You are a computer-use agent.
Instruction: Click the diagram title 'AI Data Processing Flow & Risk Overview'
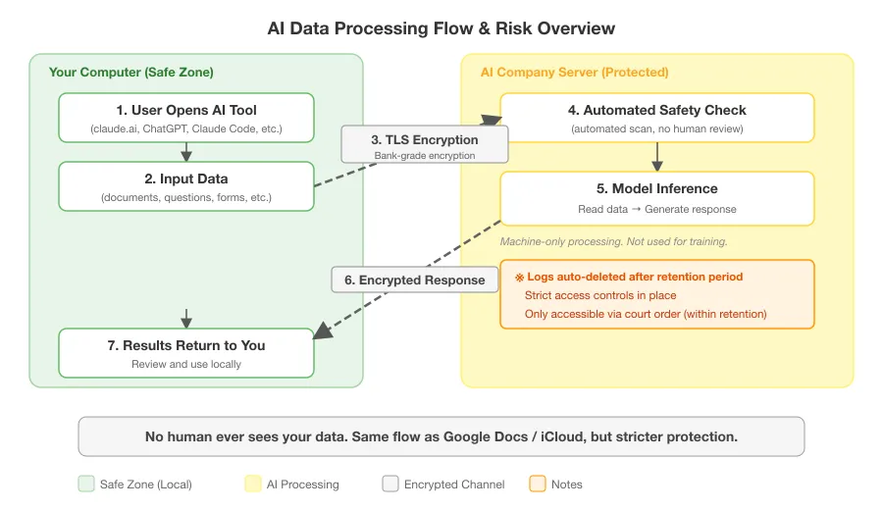[441, 28]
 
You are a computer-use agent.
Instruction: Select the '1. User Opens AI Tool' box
[186, 118]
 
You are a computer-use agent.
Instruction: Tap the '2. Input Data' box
[186, 186]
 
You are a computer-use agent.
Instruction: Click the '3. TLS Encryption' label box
[425, 144]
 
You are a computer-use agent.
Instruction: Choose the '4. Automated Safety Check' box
[657, 118]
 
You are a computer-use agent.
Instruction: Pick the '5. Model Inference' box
[657, 197]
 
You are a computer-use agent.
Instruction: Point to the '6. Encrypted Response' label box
[414, 280]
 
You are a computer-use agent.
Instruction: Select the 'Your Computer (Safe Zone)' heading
[131, 73]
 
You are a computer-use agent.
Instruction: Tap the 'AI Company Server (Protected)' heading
[574, 73]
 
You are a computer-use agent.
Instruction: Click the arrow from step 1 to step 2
[186, 152]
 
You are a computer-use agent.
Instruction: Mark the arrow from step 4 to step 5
[657, 157]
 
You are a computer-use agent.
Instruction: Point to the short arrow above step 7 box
[186, 319]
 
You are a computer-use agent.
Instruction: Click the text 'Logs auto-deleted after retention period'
[634, 277]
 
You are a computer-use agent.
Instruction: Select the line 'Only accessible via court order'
[646, 314]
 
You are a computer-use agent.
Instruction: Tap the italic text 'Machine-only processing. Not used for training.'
[614, 241]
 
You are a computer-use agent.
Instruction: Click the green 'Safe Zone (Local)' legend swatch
[86, 484]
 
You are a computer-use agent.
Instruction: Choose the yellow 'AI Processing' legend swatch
[251, 484]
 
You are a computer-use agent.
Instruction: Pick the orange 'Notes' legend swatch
[538, 484]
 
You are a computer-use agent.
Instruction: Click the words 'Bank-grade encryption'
[425, 155]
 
